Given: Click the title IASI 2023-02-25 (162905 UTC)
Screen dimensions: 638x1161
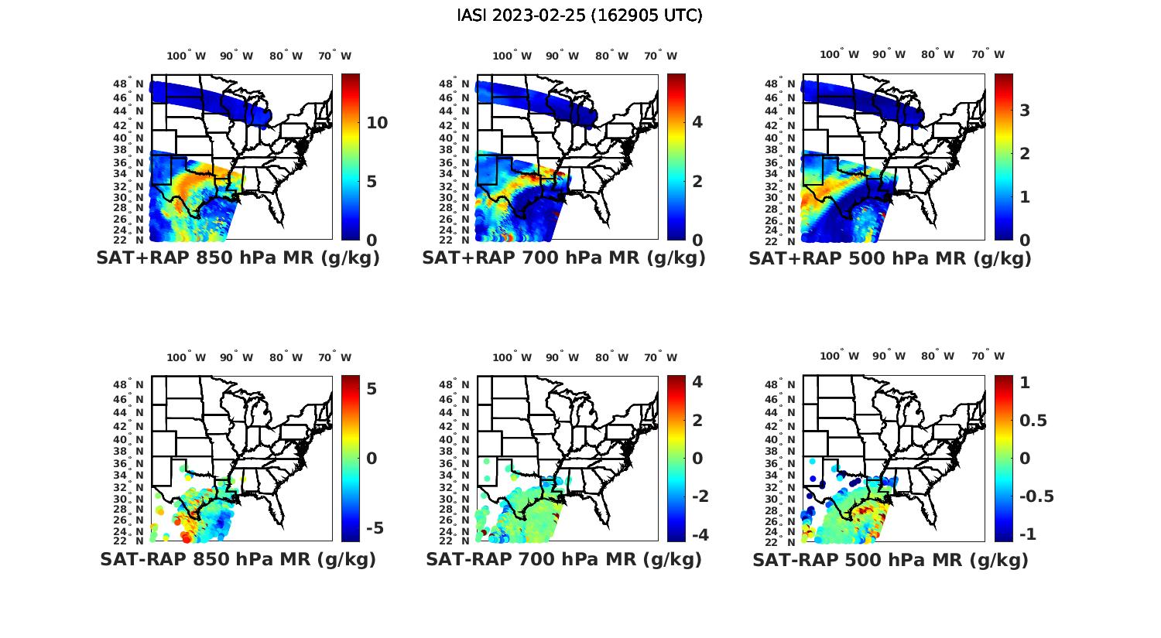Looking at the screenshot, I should [580, 15].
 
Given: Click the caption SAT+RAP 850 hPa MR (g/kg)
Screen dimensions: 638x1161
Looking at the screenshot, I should [238, 258].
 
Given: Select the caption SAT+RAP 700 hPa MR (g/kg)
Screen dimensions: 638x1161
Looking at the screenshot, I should [563, 258].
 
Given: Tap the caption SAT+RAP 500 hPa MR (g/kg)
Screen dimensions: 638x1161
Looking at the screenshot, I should [890, 258].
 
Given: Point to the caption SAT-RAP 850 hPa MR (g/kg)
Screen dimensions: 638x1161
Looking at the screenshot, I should [238, 559].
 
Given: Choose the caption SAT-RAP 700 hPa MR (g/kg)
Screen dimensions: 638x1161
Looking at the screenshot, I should [563, 559].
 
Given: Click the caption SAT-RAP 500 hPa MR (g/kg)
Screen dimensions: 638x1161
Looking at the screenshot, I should [890, 559].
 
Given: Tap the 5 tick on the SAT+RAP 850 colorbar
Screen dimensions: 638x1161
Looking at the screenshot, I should [372, 182].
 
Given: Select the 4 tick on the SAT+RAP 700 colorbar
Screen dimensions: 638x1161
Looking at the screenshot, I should [697, 122].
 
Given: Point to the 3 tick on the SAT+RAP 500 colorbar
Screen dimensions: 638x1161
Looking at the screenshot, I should [1025, 111].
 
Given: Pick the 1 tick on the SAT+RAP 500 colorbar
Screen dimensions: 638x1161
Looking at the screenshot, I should [1025, 196].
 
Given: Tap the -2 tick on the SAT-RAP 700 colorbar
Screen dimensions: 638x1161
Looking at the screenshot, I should [697, 496].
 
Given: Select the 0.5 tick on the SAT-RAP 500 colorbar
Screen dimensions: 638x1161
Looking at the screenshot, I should [1033, 420].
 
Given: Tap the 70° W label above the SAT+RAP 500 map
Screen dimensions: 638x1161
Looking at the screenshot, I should [988, 55].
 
